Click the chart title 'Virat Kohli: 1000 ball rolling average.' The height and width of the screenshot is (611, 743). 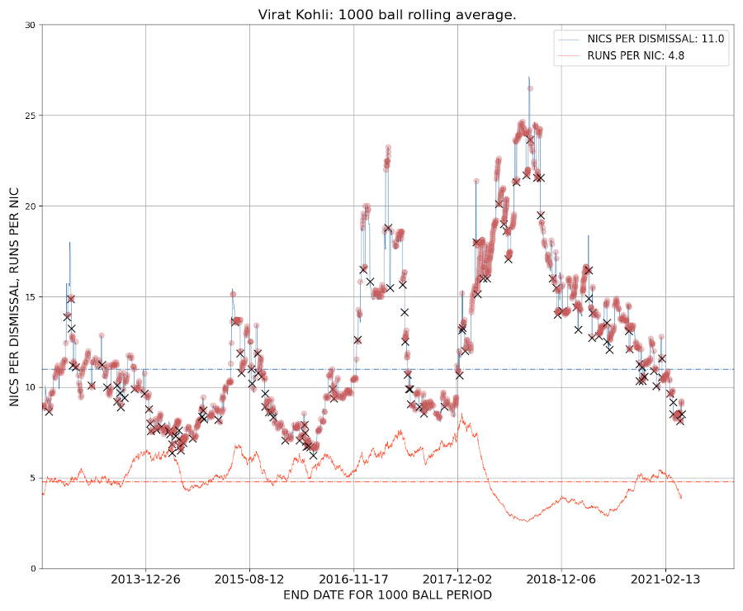(387, 14)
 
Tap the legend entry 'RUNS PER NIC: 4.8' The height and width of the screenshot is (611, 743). (622, 56)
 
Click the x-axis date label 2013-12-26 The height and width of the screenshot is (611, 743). (146, 580)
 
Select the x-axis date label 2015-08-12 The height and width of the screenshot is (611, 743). (250, 580)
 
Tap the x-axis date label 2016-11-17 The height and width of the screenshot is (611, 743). (354, 580)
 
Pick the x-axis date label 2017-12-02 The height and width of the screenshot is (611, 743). (457, 580)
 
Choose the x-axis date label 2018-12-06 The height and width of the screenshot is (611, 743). (561, 580)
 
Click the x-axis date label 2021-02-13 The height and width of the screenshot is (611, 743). (665, 580)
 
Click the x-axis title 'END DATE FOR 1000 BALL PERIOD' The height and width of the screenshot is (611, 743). (387, 595)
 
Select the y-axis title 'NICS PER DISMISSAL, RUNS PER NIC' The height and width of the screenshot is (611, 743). (14, 296)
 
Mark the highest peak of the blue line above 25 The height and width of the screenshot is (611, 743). (528, 77)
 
